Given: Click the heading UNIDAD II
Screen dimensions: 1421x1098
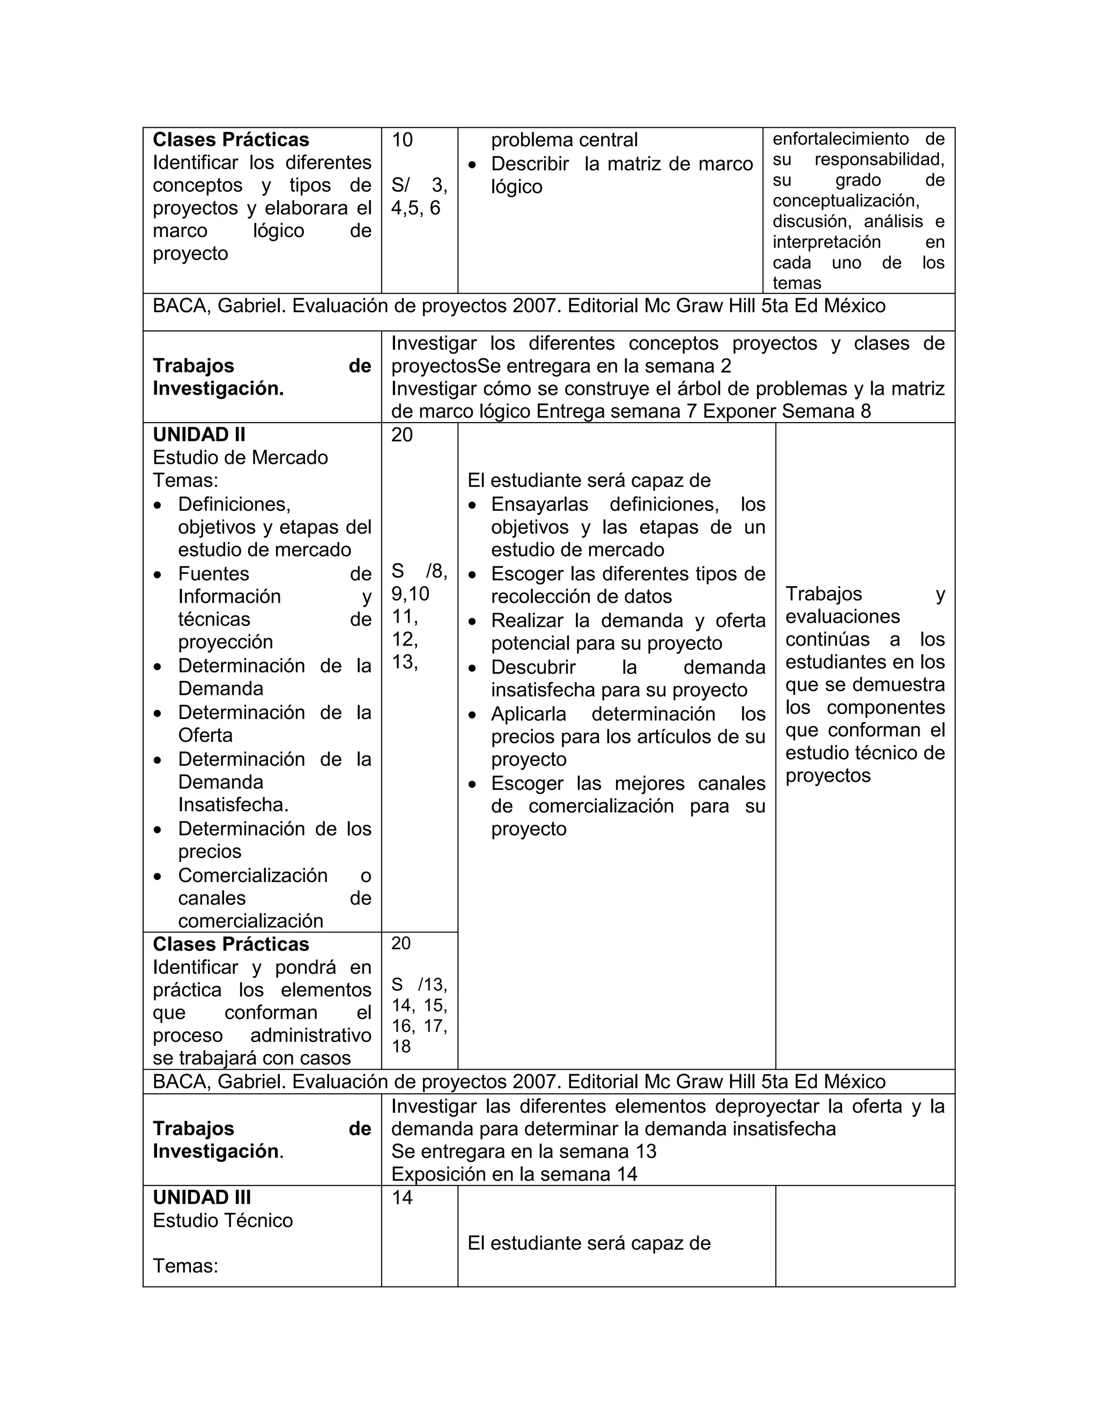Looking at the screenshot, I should [x=198, y=435].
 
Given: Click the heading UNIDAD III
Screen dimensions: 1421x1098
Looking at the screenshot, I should [x=202, y=1197].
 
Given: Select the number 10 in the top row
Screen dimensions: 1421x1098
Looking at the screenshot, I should [x=402, y=140].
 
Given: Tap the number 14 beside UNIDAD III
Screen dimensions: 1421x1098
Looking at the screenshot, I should [x=402, y=1198].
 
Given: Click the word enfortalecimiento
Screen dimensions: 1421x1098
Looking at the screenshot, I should [x=841, y=138].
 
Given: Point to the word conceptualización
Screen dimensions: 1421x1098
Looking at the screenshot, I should [x=845, y=201].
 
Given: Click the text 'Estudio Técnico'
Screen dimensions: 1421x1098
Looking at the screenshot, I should [x=222, y=1220].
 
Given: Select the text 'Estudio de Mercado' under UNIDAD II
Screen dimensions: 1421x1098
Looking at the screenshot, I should [x=240, y=457].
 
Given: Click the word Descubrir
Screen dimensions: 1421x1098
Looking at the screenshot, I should [x=533, y=667].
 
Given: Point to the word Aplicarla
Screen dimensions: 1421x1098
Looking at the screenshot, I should [x=528, y=714].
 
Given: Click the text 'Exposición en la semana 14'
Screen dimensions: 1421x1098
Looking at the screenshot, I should [x=514, y=1174].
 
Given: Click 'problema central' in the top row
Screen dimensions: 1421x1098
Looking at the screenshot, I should [x=564, y=140].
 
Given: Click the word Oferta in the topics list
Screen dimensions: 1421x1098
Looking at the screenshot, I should [x=205, y=735].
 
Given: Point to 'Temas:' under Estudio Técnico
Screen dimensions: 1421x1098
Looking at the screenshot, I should [x=186, y=1265].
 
